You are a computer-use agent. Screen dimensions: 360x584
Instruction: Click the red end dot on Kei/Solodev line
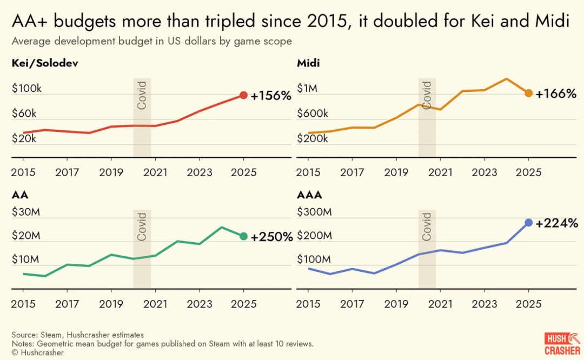coord(243,96)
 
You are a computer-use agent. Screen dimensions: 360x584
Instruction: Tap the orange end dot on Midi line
coord(528,93)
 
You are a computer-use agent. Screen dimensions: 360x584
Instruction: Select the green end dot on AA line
coord(243,236)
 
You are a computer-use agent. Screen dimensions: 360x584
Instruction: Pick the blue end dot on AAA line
coord(528,223)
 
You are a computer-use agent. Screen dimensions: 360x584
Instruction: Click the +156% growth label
coord(271,96)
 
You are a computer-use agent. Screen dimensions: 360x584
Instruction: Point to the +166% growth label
coord(556,94)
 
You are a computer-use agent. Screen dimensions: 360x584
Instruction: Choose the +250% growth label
coord(271,237)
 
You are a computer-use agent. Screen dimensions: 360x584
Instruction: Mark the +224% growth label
coord(557,223)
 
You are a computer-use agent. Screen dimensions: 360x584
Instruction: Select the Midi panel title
coord(308,64)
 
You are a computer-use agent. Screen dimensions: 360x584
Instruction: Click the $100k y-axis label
coord(26,89)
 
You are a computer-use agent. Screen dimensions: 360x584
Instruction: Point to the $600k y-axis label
coord(313,114)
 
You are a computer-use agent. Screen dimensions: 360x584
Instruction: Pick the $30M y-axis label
coord(25,212)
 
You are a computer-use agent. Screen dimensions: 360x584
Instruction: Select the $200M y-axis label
coord(314,236)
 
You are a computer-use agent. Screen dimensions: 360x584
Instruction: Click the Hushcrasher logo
coord(562,344)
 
